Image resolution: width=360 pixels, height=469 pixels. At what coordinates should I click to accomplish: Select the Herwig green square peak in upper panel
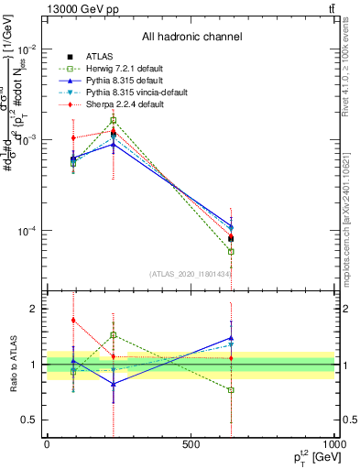click(x=114, y=120)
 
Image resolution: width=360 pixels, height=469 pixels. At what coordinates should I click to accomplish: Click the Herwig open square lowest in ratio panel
click(x=231, y=390)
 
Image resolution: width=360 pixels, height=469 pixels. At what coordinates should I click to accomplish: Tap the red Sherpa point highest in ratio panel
click(x=73, y=321)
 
